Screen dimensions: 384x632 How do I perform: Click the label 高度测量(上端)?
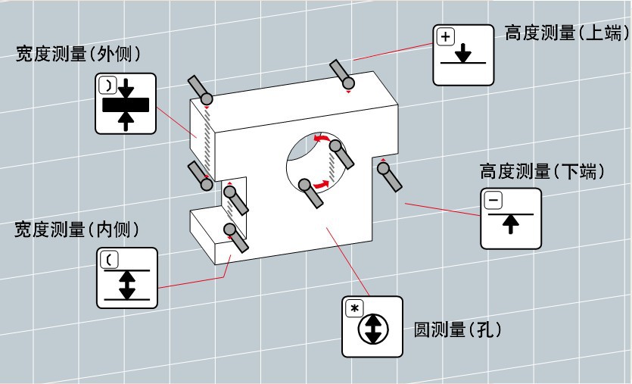(566, 33)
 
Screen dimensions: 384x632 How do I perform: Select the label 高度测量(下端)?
(542, 172)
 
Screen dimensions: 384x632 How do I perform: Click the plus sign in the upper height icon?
(445, 36)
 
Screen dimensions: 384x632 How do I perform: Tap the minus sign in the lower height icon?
(493, 200)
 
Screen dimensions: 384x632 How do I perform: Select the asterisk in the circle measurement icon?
(353, 308)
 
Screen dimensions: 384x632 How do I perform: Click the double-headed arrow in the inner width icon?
(127, 283)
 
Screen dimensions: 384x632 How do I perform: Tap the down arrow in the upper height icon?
(464, 54)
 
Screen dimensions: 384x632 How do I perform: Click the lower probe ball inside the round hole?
(305, 185)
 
